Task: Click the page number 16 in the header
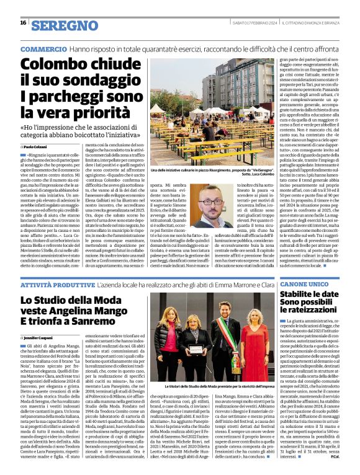pos(22,23)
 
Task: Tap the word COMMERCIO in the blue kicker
pos(44,48)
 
